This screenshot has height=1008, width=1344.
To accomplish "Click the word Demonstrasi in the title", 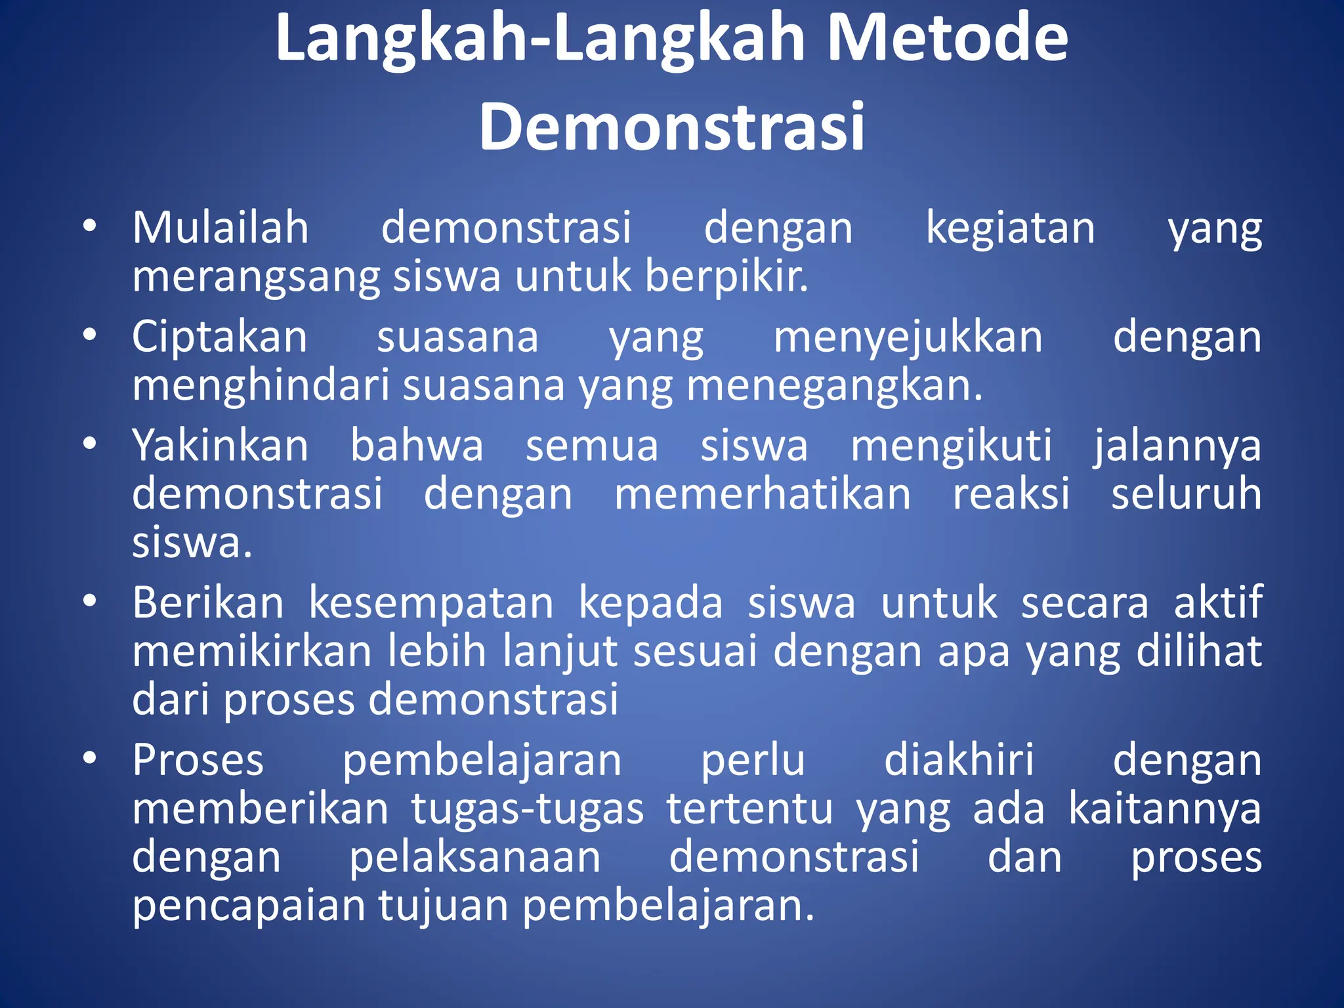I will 672,126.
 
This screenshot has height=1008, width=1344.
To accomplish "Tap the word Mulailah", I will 220,228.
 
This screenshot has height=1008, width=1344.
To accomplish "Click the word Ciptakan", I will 219,337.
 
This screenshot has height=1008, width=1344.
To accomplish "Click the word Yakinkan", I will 220,446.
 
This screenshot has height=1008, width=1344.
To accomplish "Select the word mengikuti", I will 952,446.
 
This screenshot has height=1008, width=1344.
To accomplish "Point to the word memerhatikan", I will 763,494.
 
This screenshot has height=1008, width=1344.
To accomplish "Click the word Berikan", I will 208,602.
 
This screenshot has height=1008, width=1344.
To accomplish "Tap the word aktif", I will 1218,602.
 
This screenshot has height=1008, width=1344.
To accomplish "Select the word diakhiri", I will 959,760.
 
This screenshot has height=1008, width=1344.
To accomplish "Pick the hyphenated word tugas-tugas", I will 528,810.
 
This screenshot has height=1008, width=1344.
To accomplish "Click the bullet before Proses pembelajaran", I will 90,759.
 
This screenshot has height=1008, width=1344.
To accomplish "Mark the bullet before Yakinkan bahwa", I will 90,444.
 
